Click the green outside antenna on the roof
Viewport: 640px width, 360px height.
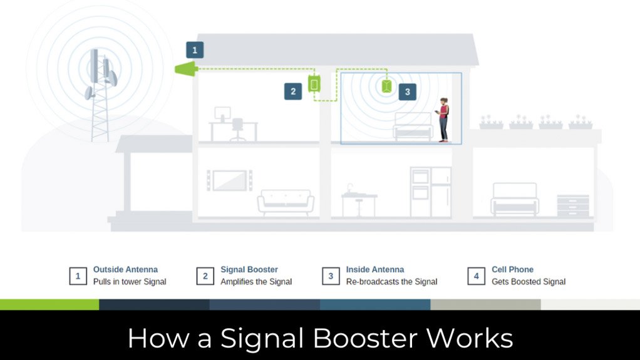[x=184, y=69]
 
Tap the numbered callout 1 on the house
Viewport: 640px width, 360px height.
[x=195, y=50]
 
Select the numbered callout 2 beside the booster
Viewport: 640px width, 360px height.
[x=292, y=91]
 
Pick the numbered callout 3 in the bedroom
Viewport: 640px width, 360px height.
[x=407, y=91]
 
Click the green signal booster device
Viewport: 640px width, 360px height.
[x=314, y=83]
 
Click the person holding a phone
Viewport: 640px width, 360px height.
[x=443, y=119]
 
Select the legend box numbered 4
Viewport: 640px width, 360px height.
[x=476, y=276]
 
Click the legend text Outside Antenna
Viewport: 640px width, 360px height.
[x=125, y=270]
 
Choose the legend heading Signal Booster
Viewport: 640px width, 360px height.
[x=249, y=270]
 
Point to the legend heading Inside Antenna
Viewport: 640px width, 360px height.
[x=375, y=270]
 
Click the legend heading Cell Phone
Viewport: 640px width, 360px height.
[x=512, y=270]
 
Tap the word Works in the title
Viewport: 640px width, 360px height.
[x=470, y=339]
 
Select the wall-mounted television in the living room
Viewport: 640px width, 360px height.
[x=229, y=180]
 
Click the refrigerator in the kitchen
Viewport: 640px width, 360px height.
[x=440, y=192]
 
